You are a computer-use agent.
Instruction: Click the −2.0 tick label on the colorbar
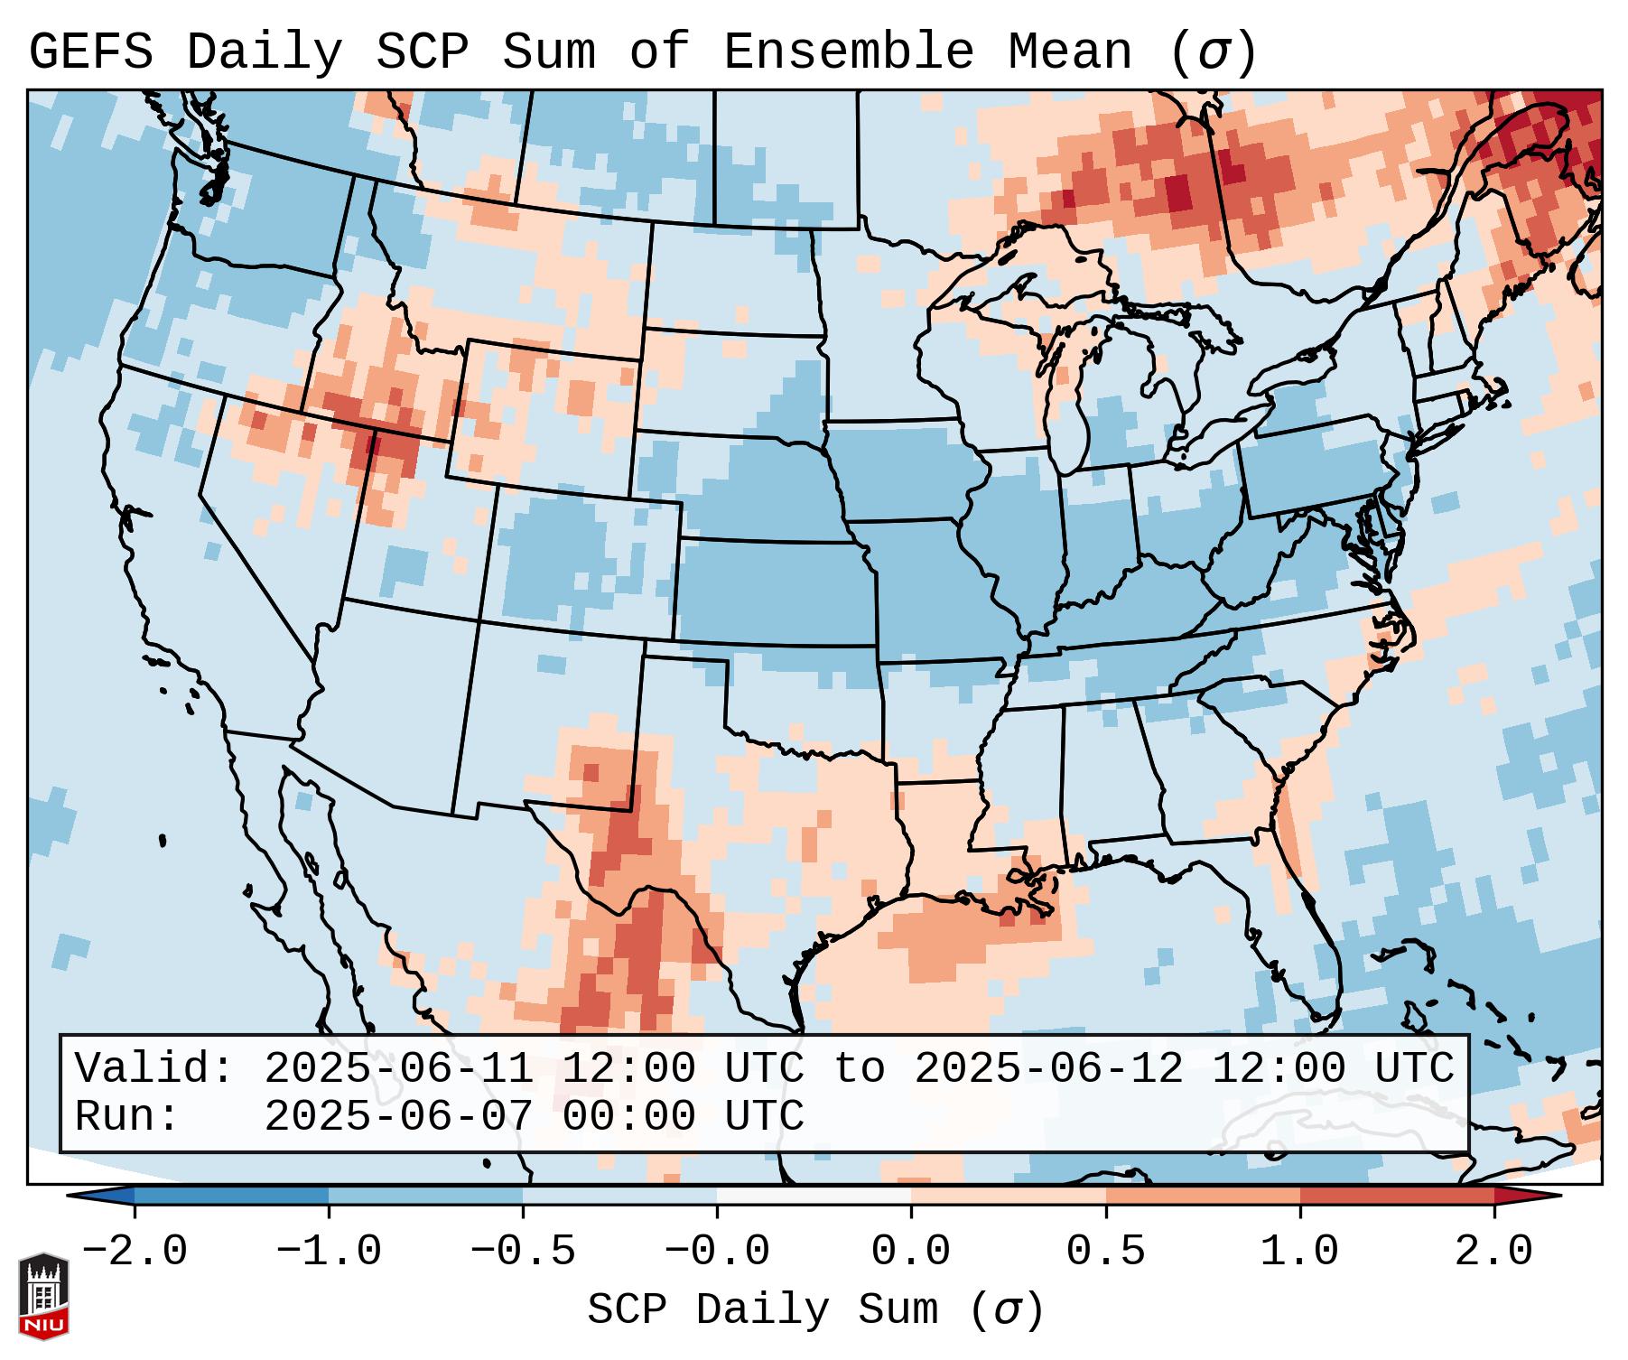[x=135, y=1252]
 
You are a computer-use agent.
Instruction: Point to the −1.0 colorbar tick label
[x=329, y=1252]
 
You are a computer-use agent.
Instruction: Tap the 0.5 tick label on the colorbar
[x=1105, y=1252]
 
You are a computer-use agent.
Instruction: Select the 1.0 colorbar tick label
[x=1299, y=1252]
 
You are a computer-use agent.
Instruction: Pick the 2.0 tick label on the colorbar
[x=1493, y=1252]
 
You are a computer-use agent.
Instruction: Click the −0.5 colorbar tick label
[x=523, y=1252]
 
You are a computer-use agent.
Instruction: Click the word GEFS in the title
[x=90, y=52]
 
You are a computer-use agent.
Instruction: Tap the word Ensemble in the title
[x=848, y=52]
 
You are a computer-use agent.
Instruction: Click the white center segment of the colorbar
[x=814, y=1196]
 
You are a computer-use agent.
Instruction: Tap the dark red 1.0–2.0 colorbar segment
[x=1397, y=1196]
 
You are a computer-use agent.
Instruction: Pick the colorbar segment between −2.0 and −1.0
[x=231, y=1196]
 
